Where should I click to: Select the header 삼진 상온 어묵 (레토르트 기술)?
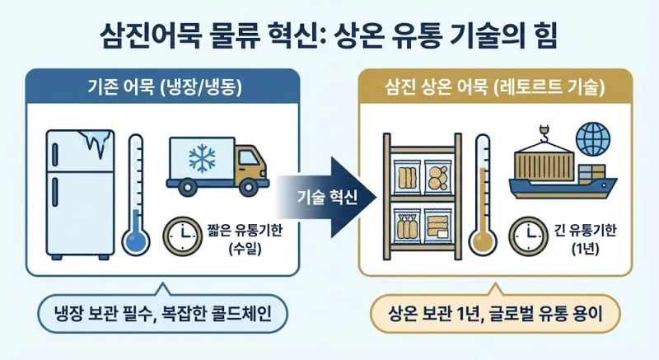pos(494,86)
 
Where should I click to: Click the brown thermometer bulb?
pos(482,242)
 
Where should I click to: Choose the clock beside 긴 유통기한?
pos(526,235)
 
